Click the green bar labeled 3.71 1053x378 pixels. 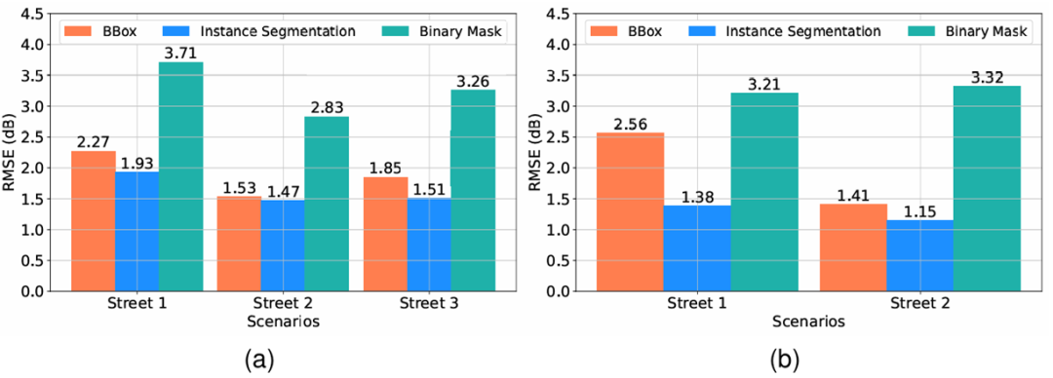click(x=181, y=176)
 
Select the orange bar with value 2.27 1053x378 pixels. click(x=94, y=221)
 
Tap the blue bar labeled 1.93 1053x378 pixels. click(x=137, y=232)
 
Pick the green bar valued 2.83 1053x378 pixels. click(x=327, y=205)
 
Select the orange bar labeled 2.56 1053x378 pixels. click(x=631, y=212)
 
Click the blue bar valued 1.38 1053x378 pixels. click(x=698, y=248)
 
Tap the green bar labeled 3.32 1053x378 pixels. click(x=987, y=189)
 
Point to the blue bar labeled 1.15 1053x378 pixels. click(x=920, y=256)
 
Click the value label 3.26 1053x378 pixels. click(x=473, y=81)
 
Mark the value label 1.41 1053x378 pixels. click(x=853, y=195)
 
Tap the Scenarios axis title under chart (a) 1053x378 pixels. click(x=283, y=321)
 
